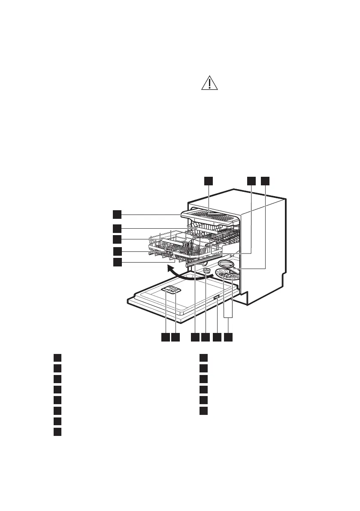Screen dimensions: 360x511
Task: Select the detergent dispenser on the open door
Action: click(x=172, y=290)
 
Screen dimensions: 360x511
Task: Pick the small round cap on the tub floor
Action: click(x=206, y=271)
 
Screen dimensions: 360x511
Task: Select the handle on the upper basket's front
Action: click(x=168, y=251)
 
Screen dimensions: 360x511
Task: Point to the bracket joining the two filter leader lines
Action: click(x=229, y=318)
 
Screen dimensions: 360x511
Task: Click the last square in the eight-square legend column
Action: click(x=57, y=432)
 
